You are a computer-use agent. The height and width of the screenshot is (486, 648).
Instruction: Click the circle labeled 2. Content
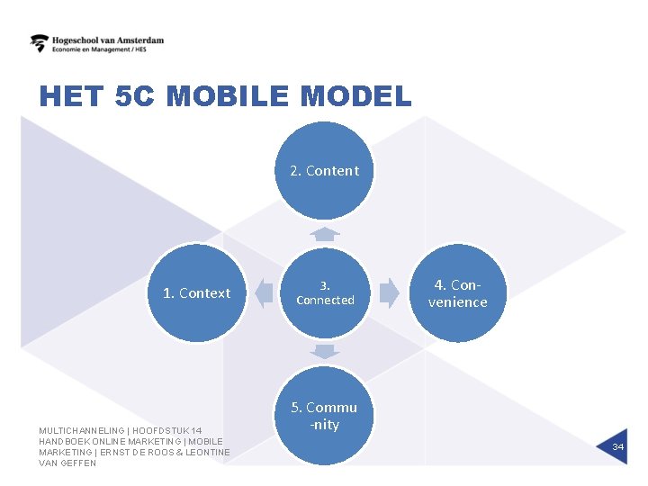click(324, 171)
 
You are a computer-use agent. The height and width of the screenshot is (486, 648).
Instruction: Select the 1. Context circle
click(196, 292)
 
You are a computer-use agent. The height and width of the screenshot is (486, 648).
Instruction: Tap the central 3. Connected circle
click(325, 292)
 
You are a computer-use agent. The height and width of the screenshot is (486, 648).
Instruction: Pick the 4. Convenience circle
click(457, 293)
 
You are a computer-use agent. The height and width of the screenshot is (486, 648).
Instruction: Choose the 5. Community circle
click(324, 416)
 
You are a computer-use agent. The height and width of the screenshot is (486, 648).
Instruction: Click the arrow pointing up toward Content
click(325, 234)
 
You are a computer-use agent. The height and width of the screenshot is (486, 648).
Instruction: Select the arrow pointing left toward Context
click(263, 292)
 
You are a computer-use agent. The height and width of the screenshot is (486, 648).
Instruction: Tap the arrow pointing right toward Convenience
click(389, 292)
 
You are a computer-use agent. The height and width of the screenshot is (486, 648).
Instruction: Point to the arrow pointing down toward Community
click(325, 351)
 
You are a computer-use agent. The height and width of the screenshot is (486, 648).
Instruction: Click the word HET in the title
click(71, 96)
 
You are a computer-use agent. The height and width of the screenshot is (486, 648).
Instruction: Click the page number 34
click(618, 447)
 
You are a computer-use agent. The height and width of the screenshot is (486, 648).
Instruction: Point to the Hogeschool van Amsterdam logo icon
click(40, 43)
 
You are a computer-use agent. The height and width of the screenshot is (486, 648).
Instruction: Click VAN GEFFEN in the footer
click(67, 463)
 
